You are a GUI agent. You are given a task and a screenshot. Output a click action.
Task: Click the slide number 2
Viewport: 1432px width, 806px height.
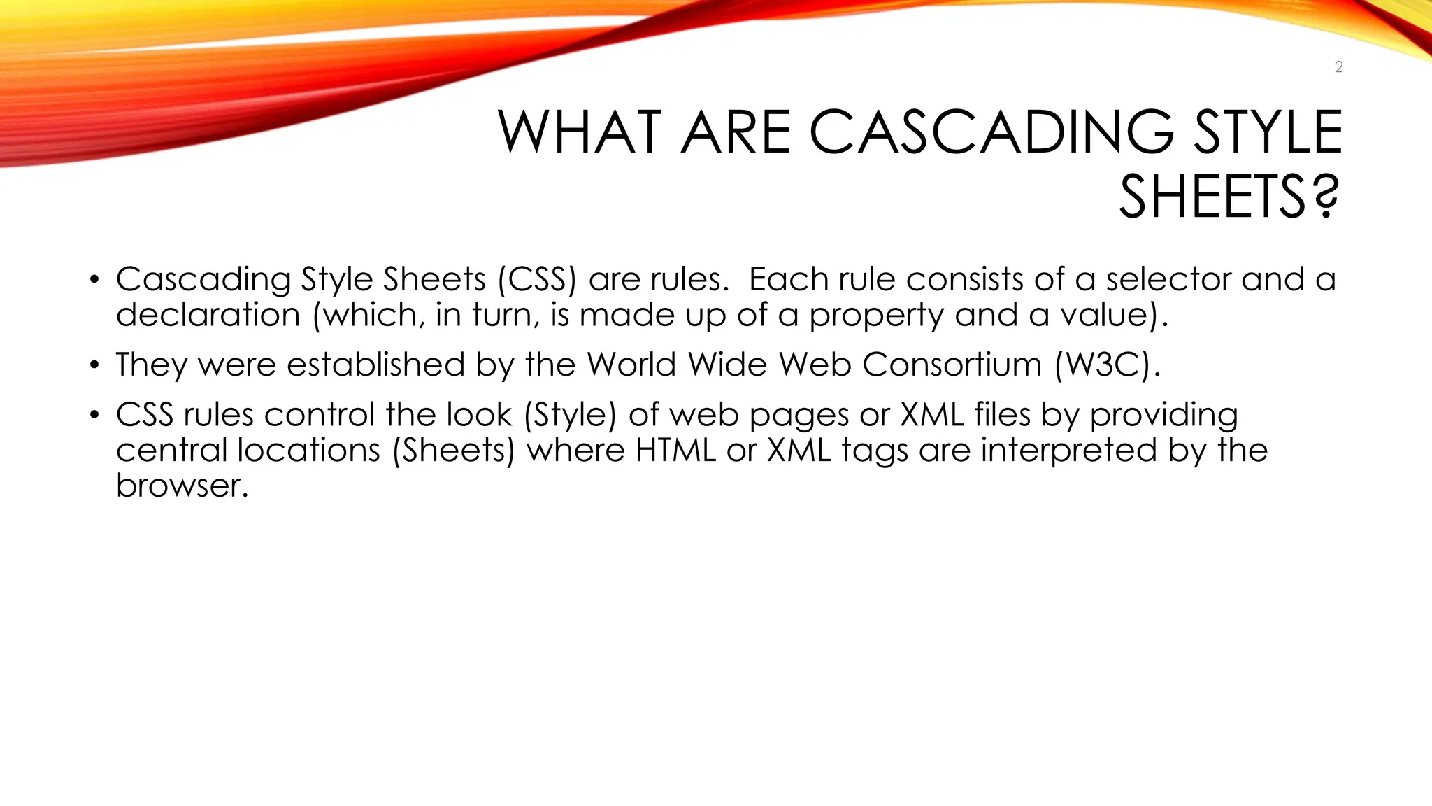(x=1338, y=67)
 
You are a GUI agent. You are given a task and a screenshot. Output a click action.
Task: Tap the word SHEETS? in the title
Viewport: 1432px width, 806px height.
(x=1229, y=197)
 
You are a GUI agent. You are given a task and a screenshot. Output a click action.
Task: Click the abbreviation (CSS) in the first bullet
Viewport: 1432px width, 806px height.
(x=537, y=279)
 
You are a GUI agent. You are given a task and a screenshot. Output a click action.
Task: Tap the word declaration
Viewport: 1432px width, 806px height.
(x=208, y=315)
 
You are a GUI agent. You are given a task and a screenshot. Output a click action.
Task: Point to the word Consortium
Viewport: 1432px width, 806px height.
(x=952, y=365)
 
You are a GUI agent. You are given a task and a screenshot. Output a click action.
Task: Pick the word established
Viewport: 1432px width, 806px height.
(x=375, y=365)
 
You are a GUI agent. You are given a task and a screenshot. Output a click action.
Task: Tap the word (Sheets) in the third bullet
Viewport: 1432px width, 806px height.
(x=453, y=450)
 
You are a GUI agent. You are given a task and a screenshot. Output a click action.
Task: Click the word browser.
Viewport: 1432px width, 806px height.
(x=182, y=486)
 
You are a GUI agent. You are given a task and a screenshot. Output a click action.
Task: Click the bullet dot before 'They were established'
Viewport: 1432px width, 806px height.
(x=94, y=366)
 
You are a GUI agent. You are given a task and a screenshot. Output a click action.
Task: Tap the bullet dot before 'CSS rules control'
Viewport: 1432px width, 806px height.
(x=94, y=416)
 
